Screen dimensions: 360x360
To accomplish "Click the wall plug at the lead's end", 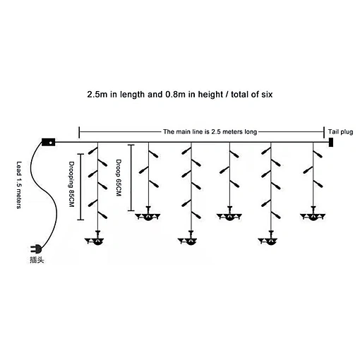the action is pos(36,248).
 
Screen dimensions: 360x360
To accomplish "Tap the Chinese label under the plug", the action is pos(37,260).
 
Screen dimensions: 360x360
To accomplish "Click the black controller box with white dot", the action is pos(49,142).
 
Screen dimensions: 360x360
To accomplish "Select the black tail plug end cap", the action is pos(331,142).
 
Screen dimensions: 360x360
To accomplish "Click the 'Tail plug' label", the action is pos(340,132).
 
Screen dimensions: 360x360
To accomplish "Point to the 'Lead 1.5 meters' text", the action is pos(19,185).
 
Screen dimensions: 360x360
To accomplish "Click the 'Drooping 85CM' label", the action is pos(71,184).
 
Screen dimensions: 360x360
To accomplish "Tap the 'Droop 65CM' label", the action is pos(119,178).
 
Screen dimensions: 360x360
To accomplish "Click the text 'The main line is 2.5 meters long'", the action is pos(210,132).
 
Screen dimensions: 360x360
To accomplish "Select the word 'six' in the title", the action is pos(267,95).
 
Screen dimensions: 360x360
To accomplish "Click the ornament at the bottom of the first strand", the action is pos(95,238).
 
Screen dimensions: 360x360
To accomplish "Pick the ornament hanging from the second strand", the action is pos(148,214).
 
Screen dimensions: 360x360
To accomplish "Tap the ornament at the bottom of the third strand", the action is pos(188,238).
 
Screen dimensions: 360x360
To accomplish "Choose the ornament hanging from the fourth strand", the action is pos(229,214).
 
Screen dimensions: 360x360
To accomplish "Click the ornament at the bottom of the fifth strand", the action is pos(268,238).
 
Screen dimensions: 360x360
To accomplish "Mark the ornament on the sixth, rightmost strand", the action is pos(313,214).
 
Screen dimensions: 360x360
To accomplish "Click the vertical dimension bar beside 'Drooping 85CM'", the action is pos(80,187).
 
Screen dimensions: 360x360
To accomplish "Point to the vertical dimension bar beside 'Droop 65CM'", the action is pos(131,178).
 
